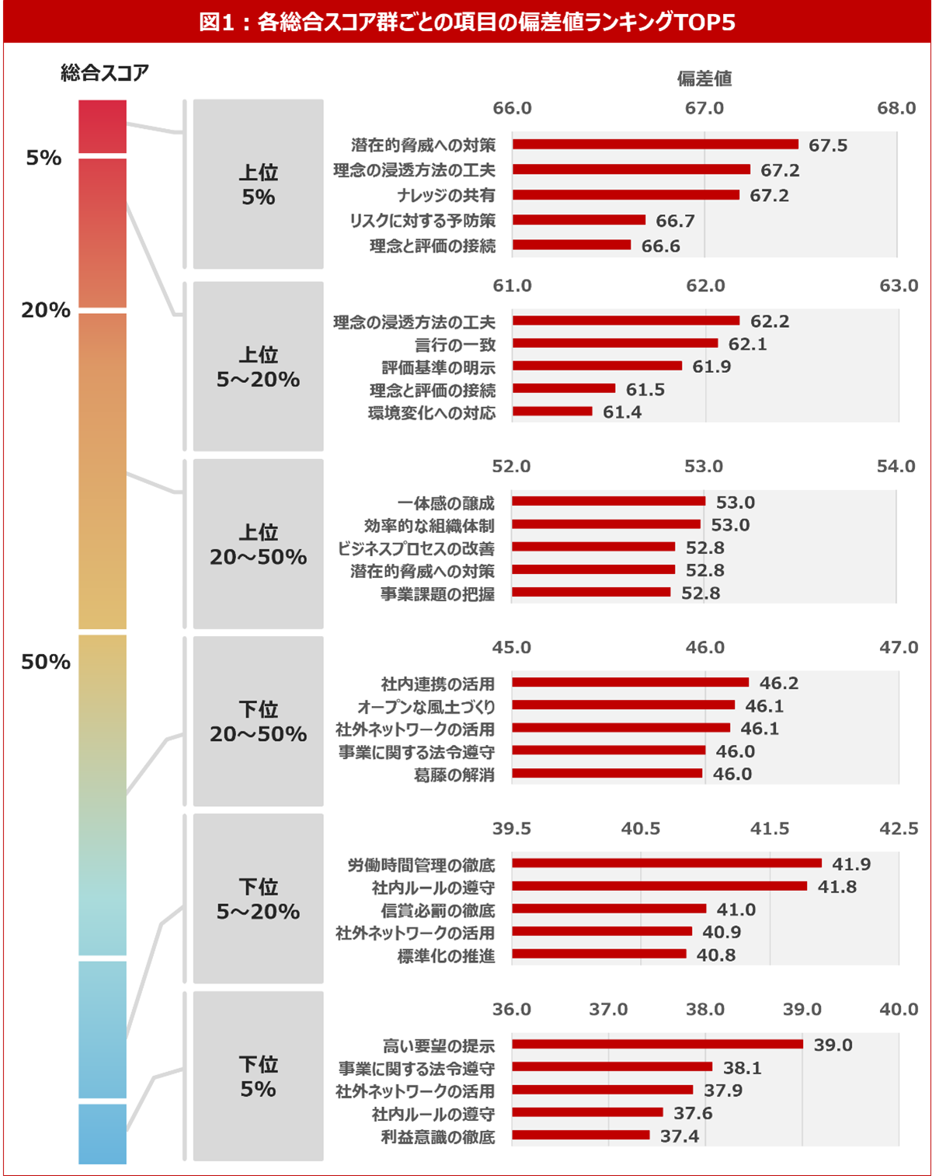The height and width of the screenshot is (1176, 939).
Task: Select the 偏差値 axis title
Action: [704, 78]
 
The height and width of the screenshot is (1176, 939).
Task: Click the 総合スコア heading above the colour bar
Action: [105, 73]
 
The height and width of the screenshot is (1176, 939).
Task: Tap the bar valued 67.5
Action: [655, 144]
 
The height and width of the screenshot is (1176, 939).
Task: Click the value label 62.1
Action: [747, 344]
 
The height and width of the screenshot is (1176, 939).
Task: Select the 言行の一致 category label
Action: [455, 344]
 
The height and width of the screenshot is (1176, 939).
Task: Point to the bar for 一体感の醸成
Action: [608, 502]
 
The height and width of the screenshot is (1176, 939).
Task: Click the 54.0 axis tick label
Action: [896, 466]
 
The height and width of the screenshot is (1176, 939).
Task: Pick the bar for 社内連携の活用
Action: [630, 683]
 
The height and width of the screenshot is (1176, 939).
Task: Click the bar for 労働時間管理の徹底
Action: [666, 863]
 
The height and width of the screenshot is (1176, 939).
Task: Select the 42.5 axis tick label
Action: [899, 829]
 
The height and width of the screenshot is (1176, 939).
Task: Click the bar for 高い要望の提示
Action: [657, 1045]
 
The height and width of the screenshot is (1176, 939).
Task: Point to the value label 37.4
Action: [680, 1136]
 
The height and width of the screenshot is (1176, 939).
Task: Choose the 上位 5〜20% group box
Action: [258, 367]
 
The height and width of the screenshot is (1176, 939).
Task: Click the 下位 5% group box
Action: [258, 1076]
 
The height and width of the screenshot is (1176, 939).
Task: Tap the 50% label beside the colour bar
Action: [46, 662]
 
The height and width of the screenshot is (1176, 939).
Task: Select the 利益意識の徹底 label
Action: [438, 1137]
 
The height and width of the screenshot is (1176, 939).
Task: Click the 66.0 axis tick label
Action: [513, 108]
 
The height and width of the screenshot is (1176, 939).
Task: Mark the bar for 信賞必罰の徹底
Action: [609, 909]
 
